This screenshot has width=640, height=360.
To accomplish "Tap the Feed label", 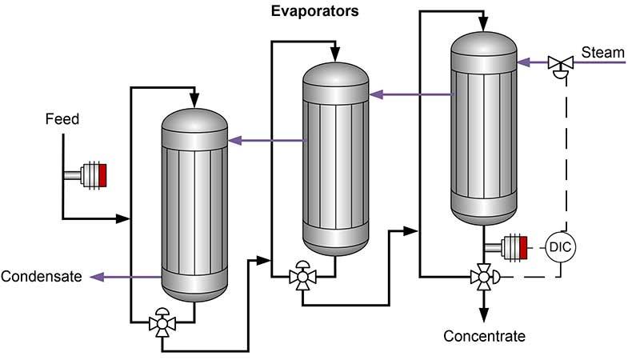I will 62,119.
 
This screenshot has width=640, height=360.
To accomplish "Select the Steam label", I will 602,53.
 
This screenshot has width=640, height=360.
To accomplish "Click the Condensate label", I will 41,277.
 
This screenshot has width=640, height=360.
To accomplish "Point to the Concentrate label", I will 484,336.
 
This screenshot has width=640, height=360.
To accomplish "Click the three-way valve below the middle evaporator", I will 302,276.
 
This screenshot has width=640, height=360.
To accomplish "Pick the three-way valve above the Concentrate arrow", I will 482,276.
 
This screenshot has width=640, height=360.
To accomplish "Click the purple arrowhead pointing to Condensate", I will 97,277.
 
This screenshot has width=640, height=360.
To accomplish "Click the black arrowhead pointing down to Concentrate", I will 482,316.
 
